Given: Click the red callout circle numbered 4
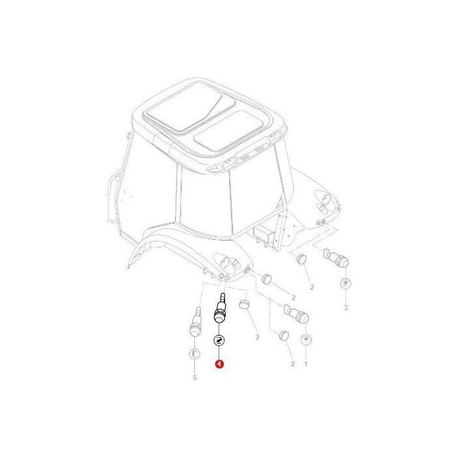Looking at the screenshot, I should coord(219,364).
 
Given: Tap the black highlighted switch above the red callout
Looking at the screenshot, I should coord(220,314).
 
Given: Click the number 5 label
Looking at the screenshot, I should coord(194,378).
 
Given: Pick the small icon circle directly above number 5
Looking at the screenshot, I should coord(194,354).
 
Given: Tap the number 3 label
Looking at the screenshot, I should coord(346,307).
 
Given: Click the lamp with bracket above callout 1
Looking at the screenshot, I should coord(299,315).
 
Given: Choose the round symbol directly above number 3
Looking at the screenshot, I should coord(346,283).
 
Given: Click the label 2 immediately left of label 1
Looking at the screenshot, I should coord(292,364).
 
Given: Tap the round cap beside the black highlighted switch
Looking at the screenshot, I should coord(245,306).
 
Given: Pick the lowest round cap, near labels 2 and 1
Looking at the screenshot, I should coord(283,336).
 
